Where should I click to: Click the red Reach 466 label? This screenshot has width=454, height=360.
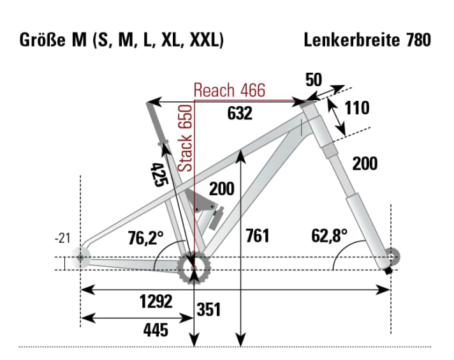pos(229,90)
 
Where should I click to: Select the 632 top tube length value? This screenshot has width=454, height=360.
pos(240,113)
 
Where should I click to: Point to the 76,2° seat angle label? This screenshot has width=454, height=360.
pos(147,239)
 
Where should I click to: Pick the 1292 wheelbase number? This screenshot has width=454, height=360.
pos(156,303)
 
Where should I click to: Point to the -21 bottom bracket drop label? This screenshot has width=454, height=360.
pos(62,239)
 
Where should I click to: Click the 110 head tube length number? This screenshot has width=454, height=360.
pos(356,108)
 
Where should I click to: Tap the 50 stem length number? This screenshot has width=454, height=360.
pos(314,80)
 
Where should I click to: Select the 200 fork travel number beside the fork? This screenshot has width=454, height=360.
pos(365,164)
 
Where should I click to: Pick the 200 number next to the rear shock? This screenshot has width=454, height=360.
pos(221,189)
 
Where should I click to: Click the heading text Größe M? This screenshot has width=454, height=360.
pos(47,40)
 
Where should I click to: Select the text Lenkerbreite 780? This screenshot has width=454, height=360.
pos(367,40)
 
